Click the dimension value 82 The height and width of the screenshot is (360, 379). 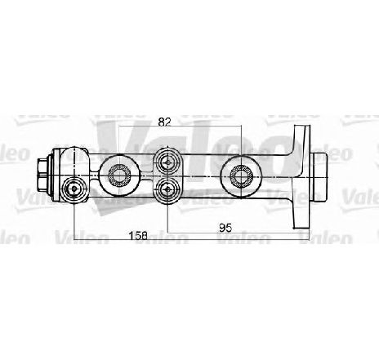164,122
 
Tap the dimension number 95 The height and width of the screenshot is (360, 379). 225,228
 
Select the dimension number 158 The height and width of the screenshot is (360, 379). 138,235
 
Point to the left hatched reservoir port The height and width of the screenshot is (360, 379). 118,176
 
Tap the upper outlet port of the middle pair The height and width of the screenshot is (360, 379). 167,163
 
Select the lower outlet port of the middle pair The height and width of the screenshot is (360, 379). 167,189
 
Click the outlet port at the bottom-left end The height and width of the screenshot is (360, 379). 74,189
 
